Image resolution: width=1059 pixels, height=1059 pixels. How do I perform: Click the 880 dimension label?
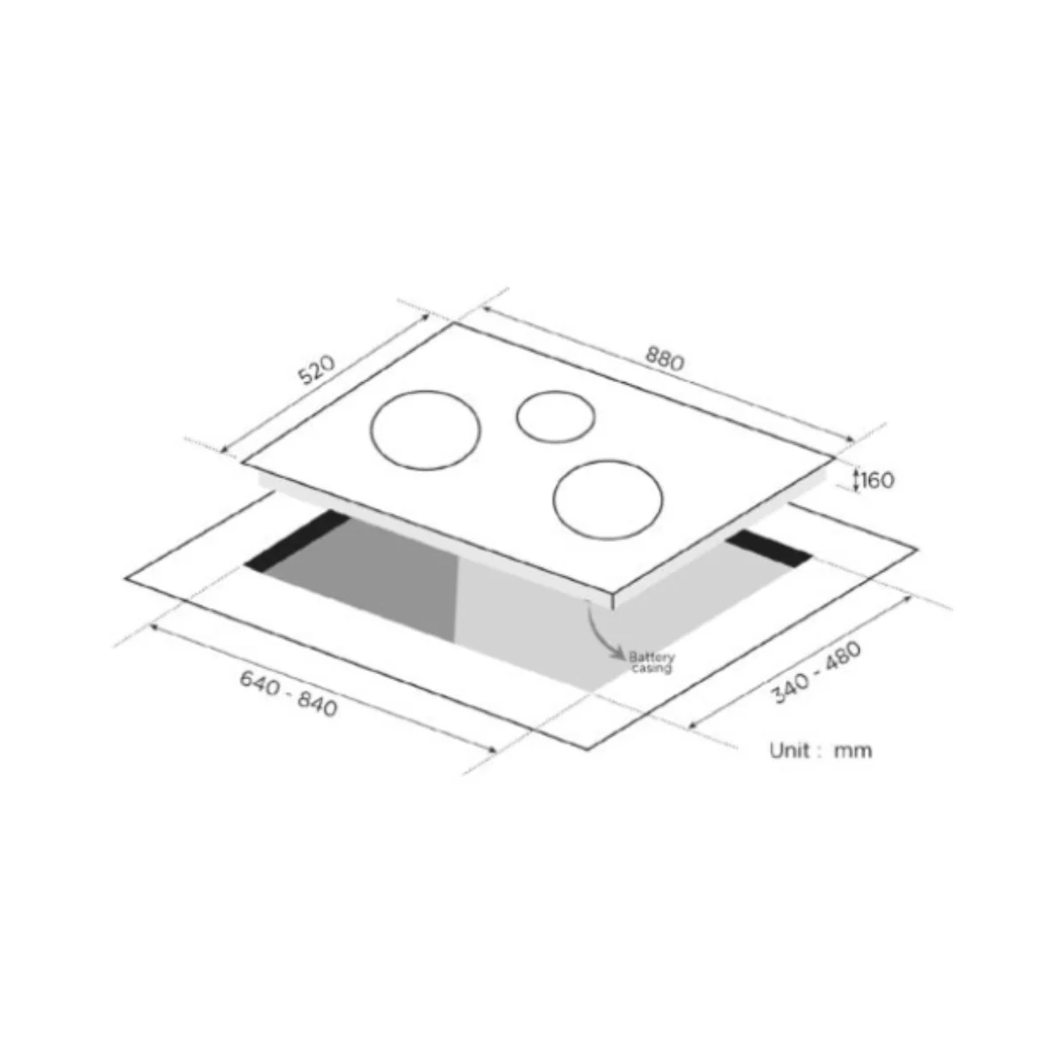tap(665, 358)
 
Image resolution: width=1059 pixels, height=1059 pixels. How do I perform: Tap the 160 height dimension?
tap(877, 480)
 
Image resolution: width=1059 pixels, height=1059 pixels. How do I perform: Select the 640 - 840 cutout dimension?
tap(289, 694)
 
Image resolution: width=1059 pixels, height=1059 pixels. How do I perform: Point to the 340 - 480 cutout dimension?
tap(817, 672)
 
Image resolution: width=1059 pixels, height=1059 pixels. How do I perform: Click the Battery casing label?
tap(651, 662)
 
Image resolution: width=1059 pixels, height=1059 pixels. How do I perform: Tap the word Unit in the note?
tap(791, 750)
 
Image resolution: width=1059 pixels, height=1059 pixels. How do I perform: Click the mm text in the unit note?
tap(852, 751)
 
